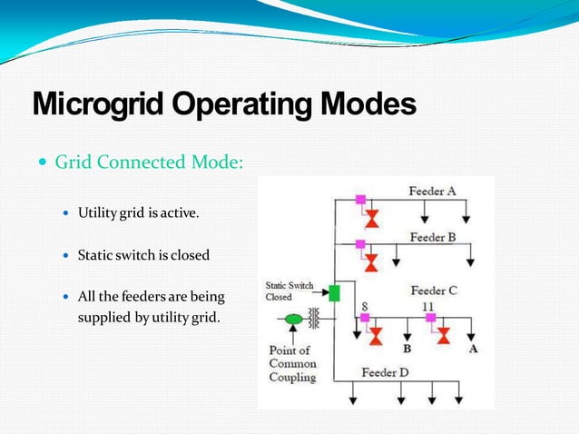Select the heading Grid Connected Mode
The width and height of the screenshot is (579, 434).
(x=149, y=163)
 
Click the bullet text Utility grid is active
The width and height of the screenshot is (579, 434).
(x=137, y=212)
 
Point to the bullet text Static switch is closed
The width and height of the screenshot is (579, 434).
(x=143, y=255)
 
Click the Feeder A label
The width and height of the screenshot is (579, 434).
(x=431, y=192)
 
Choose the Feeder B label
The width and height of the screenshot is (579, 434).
(x=433, y=237)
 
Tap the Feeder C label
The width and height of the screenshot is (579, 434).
(x=434, y=291)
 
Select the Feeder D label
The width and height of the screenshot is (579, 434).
(x=386, y=372)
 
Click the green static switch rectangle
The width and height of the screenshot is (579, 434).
(x=334, y=293)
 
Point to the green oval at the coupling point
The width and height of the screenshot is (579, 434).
(x=293, y=320)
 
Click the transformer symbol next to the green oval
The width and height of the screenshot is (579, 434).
(x=315, y=320)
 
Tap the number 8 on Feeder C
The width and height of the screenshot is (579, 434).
(x=364, y=307)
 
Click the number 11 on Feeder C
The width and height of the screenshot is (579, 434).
(x=427, y=307)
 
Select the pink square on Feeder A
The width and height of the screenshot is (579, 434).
(x=360, y=200)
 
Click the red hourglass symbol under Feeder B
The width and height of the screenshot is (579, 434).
(x=370, y=262)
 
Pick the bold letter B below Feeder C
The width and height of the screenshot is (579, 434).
(x=407, y=349)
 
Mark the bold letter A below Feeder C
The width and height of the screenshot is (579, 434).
(x=473, y=349)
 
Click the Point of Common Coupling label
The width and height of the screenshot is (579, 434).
(x=292, y=363)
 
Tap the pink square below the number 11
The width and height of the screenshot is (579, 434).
(x=431, y=318)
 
